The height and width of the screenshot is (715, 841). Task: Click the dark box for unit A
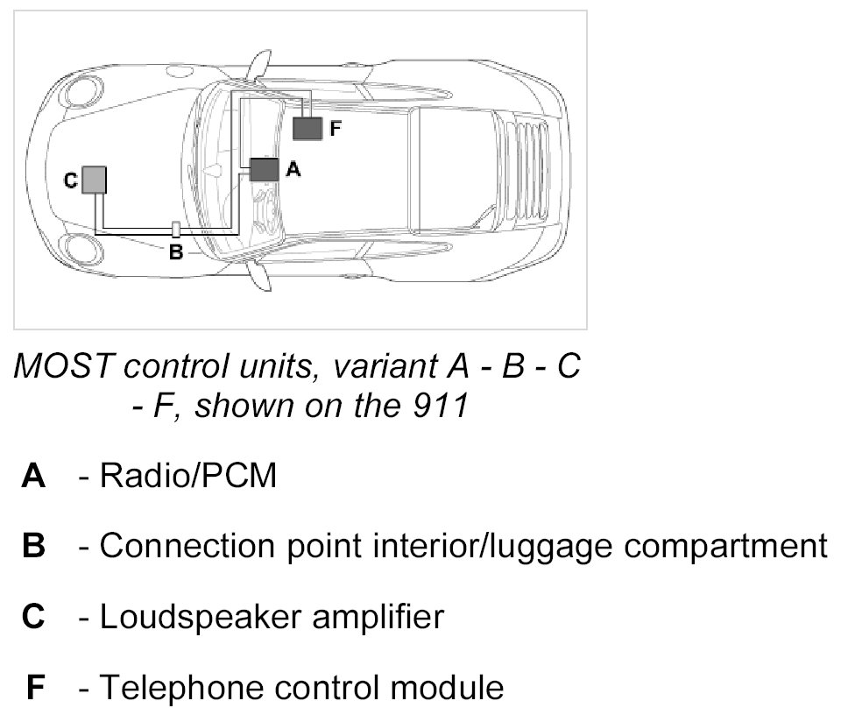point(264,169)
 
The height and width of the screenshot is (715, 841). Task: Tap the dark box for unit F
point(307,128)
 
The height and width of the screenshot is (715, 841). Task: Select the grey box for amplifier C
point(94,180)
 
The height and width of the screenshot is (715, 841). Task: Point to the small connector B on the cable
point(175,230)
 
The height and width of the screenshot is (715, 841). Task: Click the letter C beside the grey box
point(71,181)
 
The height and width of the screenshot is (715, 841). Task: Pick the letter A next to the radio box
point(293,170)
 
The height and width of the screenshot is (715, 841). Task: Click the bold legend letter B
point(34,547)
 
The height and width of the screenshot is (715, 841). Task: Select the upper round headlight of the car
point(85,91)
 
